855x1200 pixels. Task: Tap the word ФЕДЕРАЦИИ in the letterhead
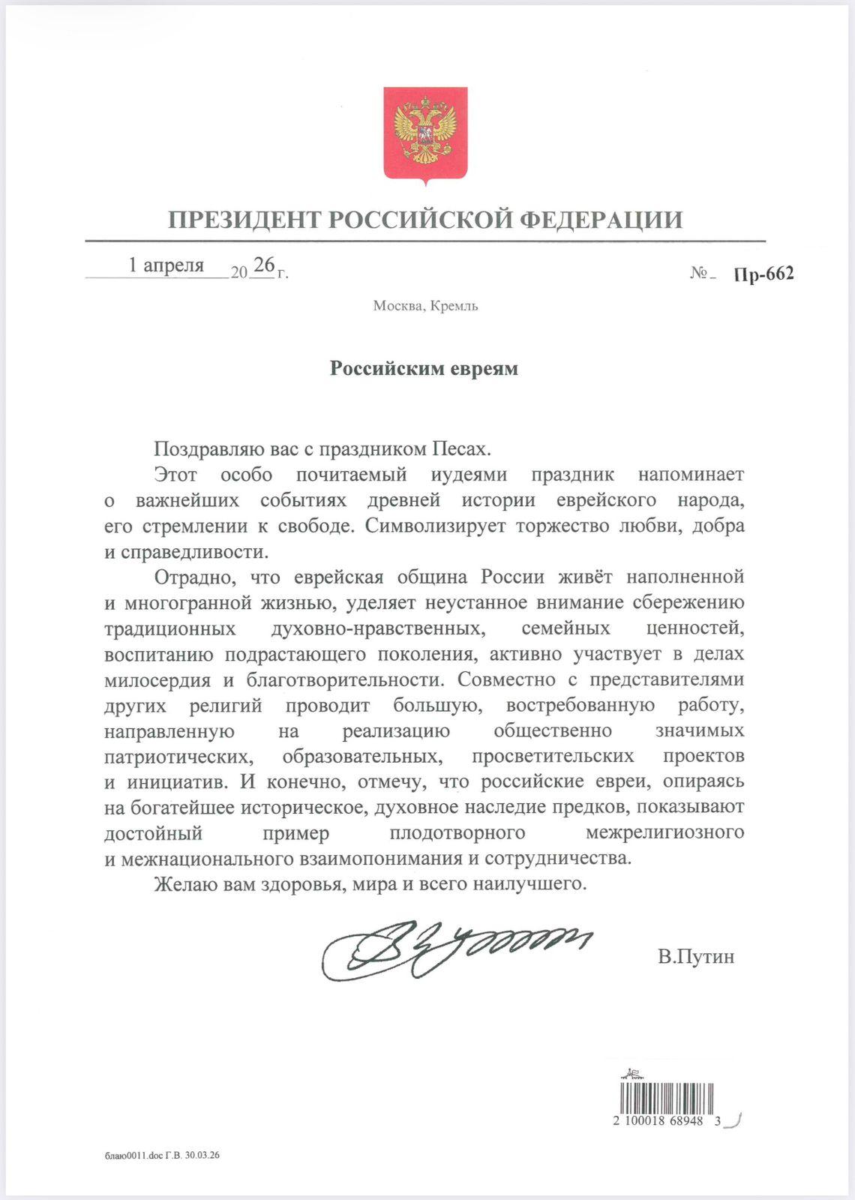click(601, 220)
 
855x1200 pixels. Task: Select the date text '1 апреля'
click(166, 265)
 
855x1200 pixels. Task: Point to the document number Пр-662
click(763, 274)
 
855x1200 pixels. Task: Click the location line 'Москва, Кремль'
click(425, 306)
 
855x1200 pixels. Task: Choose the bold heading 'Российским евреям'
click(424, 369)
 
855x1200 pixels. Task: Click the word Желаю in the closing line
click(180, 884)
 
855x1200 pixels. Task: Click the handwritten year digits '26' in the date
click(263, 264)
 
